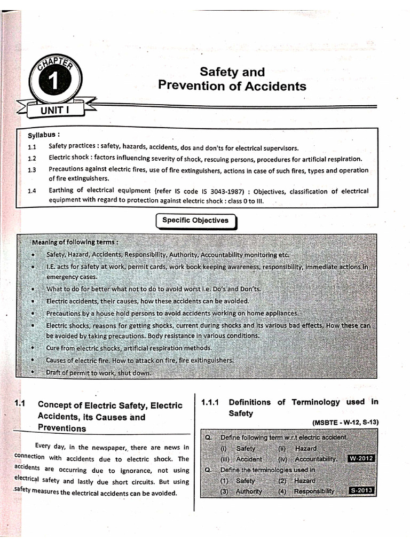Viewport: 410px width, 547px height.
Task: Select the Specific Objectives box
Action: point(195,221)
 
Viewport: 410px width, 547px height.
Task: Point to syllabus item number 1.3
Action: point(31,170)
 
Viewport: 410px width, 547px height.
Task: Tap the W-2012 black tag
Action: point(360,458)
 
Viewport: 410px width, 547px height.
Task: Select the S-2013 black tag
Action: point(361,490)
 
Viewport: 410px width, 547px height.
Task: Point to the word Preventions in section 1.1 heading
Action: point(62,428)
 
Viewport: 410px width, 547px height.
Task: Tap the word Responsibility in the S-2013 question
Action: point(314,491)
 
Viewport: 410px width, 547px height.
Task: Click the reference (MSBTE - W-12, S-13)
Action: point(338,423)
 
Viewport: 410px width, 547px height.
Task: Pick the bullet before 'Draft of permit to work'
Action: point(34,372)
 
